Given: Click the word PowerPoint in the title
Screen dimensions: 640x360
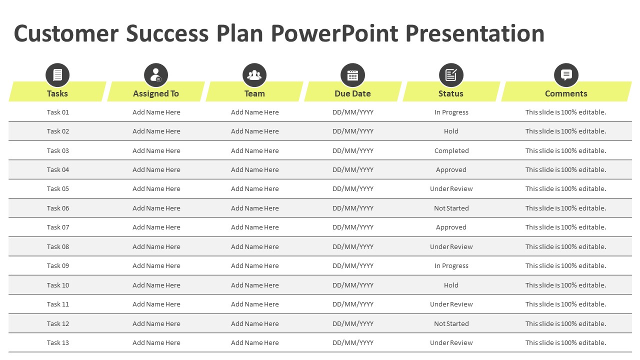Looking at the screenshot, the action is click(x=334, y=33).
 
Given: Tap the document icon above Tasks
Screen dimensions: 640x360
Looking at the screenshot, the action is click(x=57, y=75).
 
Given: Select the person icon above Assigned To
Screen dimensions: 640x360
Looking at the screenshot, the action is click(x=156, y=75).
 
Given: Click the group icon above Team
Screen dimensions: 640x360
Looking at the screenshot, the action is click(x=254, y=75).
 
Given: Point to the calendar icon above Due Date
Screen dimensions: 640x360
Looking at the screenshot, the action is click(x=352, y=75).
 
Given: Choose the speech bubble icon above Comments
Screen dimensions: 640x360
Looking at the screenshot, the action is click(x=566, y=75).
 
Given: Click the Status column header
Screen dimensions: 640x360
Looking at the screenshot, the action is click(x=451, y=93).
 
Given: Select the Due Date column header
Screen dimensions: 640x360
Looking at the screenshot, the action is click(x=352, y=93).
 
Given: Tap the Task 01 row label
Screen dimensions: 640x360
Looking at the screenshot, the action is click(x=57, y=112).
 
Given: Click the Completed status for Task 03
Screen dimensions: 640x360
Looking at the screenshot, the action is click(x=451, y=150).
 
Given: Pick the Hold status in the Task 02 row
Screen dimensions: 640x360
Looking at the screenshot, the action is click(x=451, y=131).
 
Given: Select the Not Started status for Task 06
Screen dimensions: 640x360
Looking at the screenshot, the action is click(x=451, y=208).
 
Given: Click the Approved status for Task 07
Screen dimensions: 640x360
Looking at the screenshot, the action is click(x=451, y=227).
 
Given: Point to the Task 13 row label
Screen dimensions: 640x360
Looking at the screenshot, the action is click(x=57, y=342).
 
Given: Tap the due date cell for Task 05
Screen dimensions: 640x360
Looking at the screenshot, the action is click(x=353, y=189).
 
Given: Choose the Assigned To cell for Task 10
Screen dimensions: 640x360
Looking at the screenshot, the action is click(x=156, y=285).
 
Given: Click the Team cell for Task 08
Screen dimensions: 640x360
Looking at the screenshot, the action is click(x=255, y=246).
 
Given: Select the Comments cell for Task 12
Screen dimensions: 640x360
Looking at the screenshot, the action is click(x=565, y=323).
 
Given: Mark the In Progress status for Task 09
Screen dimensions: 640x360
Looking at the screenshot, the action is click(x=451, y=266).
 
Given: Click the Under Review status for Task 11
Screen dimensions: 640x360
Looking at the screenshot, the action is click(x=451, y=304).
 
